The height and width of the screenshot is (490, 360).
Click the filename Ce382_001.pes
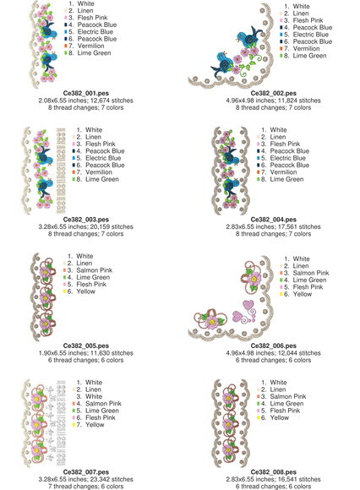click(x=86, y=93)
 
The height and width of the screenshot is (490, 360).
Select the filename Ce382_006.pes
click(x=274, y=346)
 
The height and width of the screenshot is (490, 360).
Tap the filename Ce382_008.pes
click(x=274, y=472)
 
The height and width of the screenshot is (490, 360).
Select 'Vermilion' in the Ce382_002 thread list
click(x=306, y=48)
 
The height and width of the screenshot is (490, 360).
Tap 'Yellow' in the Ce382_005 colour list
click(x=85, y=291)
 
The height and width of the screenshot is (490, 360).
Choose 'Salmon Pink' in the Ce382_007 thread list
click(x=103, y=404)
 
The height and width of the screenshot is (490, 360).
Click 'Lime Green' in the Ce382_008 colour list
click(x=286, y=404)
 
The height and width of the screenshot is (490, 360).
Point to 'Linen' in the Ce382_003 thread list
click(x=93, y=137)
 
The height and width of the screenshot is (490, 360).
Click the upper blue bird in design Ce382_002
click(x=249, y=37)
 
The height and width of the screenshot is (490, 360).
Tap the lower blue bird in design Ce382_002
click(x=222, y=64)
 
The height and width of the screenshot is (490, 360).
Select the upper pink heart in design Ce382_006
click(x=248, y=305)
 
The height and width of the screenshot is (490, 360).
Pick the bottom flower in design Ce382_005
click(x=46, y=324)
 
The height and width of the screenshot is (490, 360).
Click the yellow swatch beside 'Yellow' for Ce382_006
click(x=281, y=294)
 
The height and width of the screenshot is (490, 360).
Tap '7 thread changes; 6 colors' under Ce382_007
click(x=86, y=487)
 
